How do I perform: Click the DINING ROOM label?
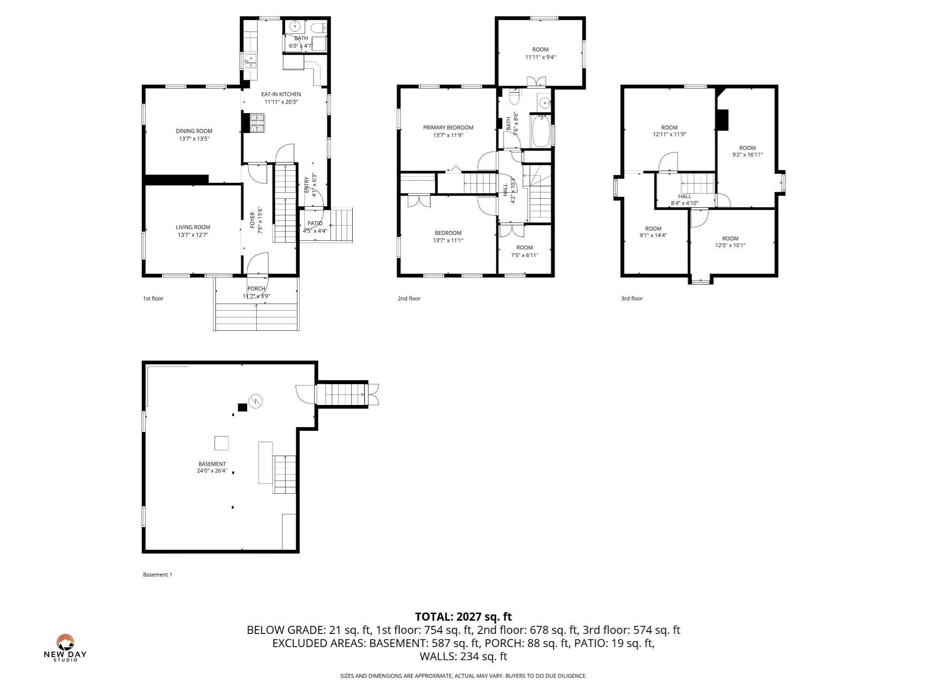(194, 131)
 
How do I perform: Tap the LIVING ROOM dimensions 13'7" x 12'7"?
(193, 235)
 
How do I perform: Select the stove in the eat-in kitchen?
(257, 123)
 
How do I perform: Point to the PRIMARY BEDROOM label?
(448, 128)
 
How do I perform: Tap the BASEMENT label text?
(212, 464)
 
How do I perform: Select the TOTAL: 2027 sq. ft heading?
(463, 617)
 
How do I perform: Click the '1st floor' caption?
(153, 299)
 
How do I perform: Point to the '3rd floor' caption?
(631, 299)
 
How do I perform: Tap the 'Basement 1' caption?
(158, 575)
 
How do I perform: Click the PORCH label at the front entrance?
(256, 289)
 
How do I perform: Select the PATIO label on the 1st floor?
(315, 224)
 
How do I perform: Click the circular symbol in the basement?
(256, 401)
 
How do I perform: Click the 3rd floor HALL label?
(684, 196)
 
